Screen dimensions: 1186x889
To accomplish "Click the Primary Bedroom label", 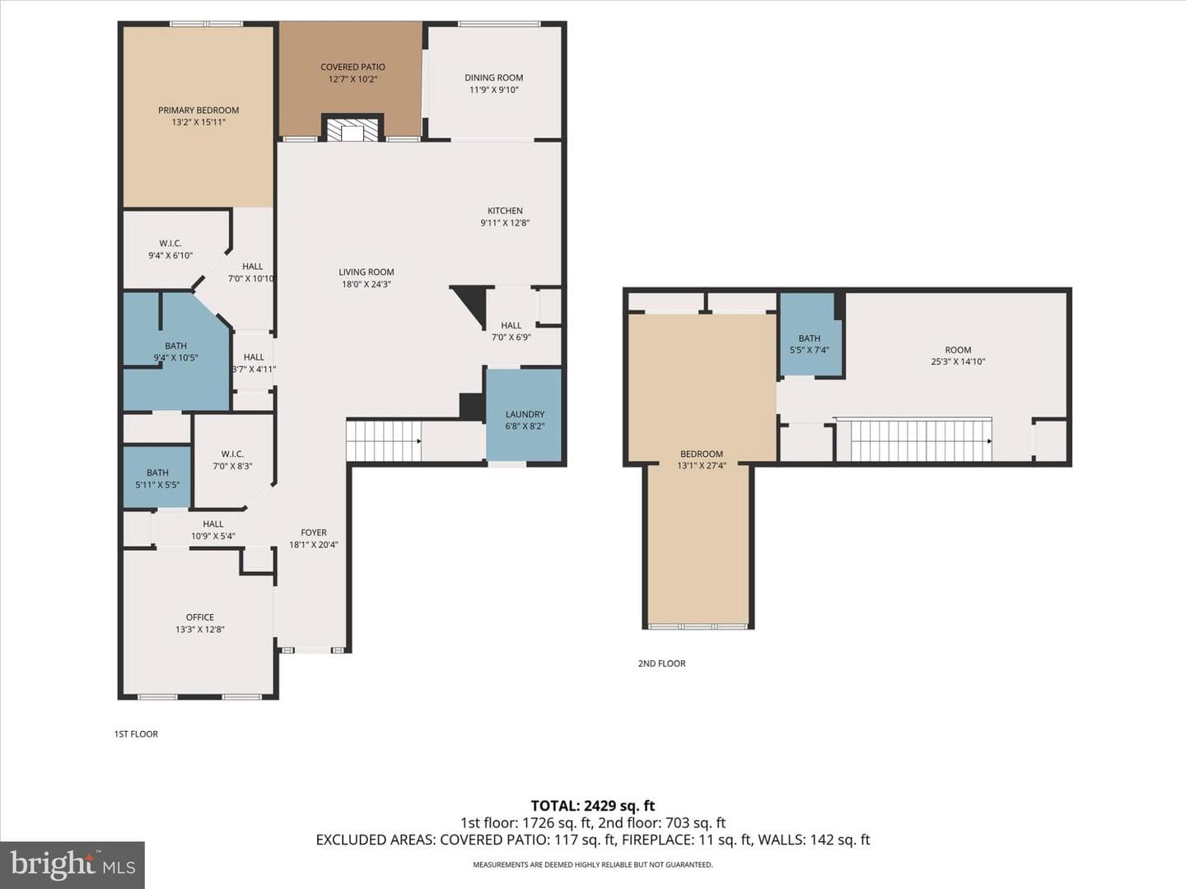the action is coord(198,110).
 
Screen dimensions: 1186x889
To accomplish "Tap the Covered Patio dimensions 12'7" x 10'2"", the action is coord(353,79).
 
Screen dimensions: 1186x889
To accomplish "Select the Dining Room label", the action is coord(494,77).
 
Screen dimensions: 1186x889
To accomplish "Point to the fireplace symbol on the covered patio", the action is coord(353,129).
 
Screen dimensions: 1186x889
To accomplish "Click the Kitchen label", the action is coord(505,211).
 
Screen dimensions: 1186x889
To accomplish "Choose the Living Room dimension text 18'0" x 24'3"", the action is coord(367,284).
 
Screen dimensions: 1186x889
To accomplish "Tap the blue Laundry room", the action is coord(524,415).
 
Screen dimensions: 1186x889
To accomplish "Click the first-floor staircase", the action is coord(384,441).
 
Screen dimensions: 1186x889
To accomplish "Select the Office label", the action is coord(200,617).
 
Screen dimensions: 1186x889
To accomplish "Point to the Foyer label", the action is coord(314,533).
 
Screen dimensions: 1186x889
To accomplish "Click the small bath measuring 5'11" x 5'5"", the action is coord(157,477).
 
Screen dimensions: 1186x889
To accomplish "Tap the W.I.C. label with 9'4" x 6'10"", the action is coord(170,244).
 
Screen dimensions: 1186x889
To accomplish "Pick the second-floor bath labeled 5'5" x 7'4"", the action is coord(810,335).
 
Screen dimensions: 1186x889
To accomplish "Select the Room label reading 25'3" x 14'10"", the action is coord(958,350).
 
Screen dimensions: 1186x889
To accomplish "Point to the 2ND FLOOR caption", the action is coord(662,663).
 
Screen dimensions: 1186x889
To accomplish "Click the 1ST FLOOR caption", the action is coord(136,734).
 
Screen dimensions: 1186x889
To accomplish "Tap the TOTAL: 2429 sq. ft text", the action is coord(593,806).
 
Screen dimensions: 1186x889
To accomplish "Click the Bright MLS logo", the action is coord(72,865).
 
